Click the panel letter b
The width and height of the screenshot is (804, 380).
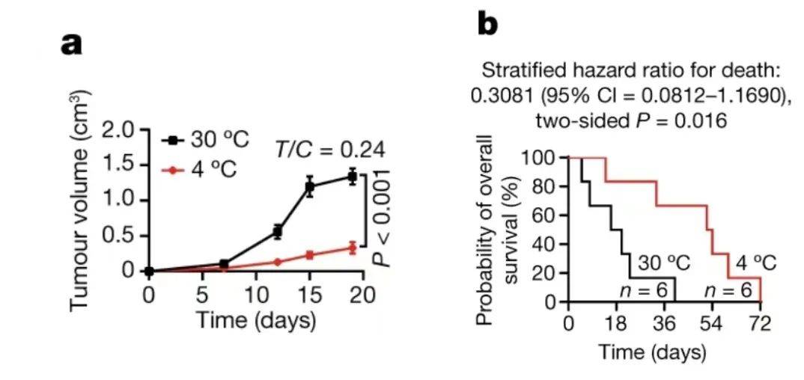tap(487, 25)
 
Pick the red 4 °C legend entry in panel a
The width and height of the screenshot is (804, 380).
tap(201, 170)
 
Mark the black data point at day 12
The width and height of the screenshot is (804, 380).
tap(277, 232)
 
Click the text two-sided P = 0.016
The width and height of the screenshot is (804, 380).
tap(631, 120)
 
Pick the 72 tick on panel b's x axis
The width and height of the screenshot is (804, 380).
tap(760, 324)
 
